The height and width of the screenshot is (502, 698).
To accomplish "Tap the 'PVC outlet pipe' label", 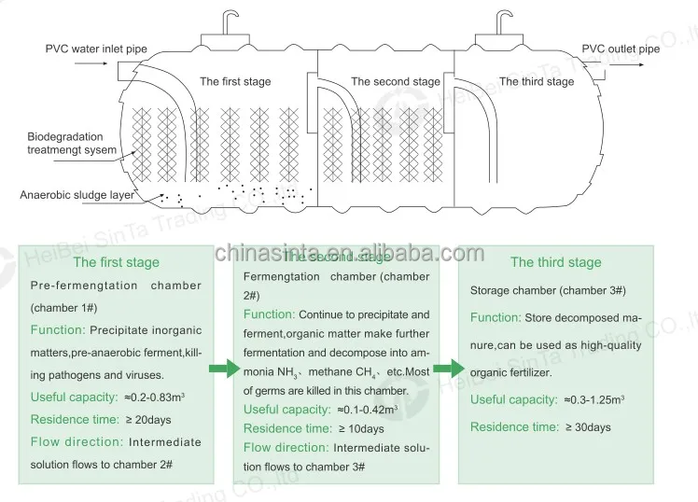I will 621,49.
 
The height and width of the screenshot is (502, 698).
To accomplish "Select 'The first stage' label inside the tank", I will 235,82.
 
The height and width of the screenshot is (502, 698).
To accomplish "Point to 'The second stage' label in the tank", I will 395,82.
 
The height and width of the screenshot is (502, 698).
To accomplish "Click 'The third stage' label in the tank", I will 537,82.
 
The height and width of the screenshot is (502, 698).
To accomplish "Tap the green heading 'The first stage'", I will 116,262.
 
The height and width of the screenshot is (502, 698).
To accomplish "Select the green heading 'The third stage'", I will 555,262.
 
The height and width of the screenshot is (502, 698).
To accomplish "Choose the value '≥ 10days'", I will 359,429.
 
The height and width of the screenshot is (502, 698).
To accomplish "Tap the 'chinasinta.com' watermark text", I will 349,253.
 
